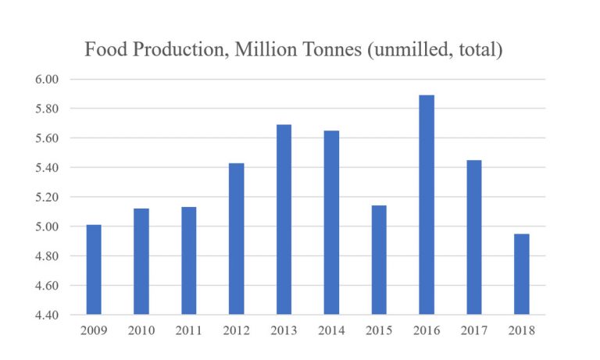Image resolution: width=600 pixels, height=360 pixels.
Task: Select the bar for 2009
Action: pos(94,269)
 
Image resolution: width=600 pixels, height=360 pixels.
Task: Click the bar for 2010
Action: pos(141,262)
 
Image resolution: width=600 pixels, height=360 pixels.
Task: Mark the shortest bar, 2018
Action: pos(522,274)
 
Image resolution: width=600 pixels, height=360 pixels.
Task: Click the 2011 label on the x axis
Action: pos(189,330)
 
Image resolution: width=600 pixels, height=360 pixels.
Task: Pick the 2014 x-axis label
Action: pos(331,330)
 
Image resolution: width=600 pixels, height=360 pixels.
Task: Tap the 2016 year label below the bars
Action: pos(427,330)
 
